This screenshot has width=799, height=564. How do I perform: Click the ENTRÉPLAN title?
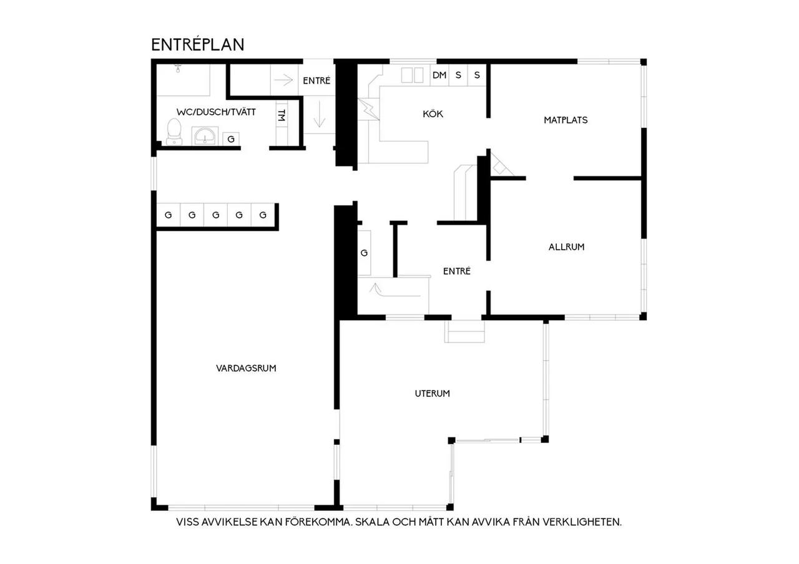pyautogui.click(x=198, y=45)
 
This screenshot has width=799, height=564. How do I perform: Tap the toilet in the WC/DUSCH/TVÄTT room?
pyautogui.click(x=174, y=132)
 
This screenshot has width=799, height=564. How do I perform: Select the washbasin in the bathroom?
pyautogui.click(x=204, y=136)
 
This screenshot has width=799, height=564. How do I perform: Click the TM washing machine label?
pyautogui.click(x=282, y=115)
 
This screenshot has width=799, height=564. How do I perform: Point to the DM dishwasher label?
pyautogui.click(x=439, y=75)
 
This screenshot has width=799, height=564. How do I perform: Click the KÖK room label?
pyautogui.click(x=433, y=114)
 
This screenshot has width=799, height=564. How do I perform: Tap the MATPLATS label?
pyautogui.click(x=566, y=120)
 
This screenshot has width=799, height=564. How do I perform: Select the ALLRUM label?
pyautogui.click(x=566, y=246)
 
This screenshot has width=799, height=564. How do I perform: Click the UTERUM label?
pyautogui.click(x=433, y=394)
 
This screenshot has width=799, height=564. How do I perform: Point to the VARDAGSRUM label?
pyautogui.click(x=246, y=368)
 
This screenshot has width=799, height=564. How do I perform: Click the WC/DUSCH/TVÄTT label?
pyautogui.click(x=216, y=112)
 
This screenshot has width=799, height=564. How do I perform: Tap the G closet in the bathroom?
pyautogui.click(x=231, y=139)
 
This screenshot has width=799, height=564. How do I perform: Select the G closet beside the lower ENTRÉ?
pyautogui.click(x=364, y=253)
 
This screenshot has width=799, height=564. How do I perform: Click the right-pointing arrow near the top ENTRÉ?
pyautogui.click(x=283, y=80)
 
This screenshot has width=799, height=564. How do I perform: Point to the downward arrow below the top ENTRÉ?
pyautogui.click(x=319, y=114)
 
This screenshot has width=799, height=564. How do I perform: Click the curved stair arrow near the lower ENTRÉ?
pyautogui.click(x=394, y=290)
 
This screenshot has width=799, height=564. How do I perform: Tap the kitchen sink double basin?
pyautogui.click(x=412, y=75)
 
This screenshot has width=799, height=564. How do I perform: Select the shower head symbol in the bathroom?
pyautogui.click(x=178, y=68)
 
